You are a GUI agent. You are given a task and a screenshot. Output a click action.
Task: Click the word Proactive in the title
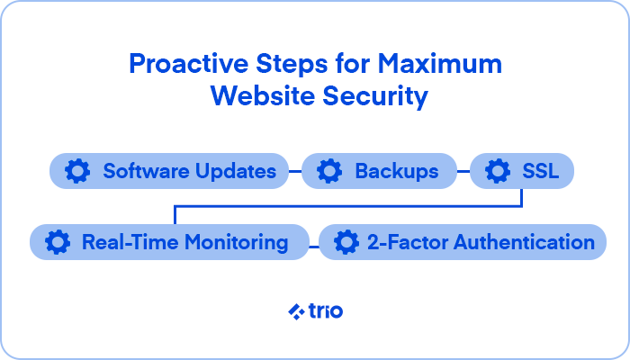tap(189, 64)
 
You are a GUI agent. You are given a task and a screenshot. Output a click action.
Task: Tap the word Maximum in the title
tap(440, 64)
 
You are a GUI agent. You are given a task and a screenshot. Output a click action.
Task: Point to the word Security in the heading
tap(375, 97)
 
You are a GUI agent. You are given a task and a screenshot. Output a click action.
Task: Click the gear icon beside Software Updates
tap(77, 171)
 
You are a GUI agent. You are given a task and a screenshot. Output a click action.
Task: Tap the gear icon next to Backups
tap(329, 171)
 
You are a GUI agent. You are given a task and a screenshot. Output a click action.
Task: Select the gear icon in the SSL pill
tap(498, 171)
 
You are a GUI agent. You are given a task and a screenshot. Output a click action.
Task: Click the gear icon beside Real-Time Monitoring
tap(58, 242)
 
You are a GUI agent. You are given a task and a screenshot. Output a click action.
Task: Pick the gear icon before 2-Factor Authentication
tap(346, 242)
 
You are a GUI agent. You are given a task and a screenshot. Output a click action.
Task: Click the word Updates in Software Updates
tap(236, 172)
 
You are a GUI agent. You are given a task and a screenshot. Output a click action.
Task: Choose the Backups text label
tap(397, 172)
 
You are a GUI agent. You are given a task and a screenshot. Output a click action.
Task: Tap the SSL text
tap(540, 172)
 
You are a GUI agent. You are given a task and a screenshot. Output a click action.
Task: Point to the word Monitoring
tap(236, 243)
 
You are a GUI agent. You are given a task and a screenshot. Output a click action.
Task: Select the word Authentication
tap(525, 243)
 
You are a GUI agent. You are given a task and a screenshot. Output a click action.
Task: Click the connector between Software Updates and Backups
tap(295, 171)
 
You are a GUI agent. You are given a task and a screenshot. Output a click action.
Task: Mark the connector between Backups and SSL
tap(463, 171)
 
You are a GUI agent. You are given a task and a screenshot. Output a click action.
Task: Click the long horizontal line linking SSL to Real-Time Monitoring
tap(348, 206)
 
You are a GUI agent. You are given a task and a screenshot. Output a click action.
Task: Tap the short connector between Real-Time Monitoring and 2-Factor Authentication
tap(314, 247)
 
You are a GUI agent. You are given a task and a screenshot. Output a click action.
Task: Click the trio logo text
tap(326, 311)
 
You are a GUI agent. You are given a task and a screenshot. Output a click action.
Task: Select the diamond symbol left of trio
tap(296, 311)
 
